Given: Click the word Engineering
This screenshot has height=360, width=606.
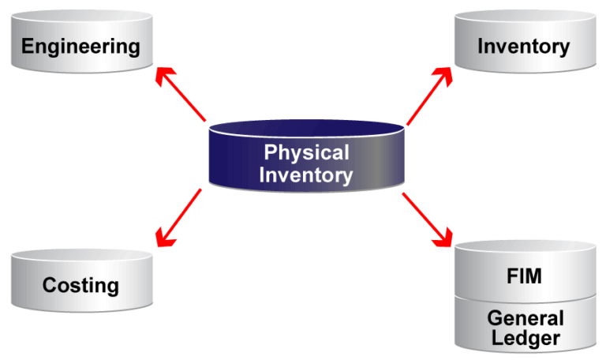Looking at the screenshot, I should click(80, 46).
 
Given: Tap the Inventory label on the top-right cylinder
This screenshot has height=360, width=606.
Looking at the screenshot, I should click(523, 46).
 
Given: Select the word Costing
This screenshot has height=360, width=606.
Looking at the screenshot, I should click(80, 285).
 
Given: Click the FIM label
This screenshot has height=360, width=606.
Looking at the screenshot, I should click(523, 277).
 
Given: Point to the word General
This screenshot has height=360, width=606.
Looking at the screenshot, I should click(525, 318).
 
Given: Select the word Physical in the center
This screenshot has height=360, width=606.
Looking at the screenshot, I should click(305, 152).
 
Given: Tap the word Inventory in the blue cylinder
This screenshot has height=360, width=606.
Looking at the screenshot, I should click(305, 174).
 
